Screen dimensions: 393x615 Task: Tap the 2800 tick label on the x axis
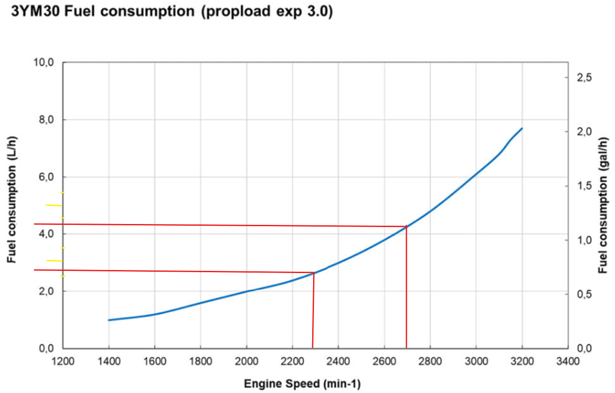pos(430,361)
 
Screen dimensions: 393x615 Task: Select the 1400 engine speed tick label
pos(109,361)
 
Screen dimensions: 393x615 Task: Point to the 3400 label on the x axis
pos(568,361)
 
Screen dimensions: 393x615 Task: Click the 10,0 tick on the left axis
pos(43,63)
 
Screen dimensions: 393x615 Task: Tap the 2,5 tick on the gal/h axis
pos(584,77)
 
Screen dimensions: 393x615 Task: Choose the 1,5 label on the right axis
pos(584,186)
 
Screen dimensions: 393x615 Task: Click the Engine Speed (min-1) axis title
pos(302,384)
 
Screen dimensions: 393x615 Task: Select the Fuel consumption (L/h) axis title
pos(12,200)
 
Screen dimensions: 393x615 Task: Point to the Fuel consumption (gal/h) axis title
pos(603,205)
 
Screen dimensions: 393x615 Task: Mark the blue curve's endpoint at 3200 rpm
pos(522,128)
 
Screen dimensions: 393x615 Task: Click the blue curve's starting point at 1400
pos(109,320)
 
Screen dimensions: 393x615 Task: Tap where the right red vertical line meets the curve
pos(406,226)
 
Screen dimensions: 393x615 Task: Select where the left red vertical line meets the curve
pos(314,273)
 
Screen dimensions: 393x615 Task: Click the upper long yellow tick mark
pos(54,206)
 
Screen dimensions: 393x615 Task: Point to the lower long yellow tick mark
pos(54,261)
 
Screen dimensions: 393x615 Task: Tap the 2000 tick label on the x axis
pos(246,361)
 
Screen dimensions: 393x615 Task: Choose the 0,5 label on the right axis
pos(584,294)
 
